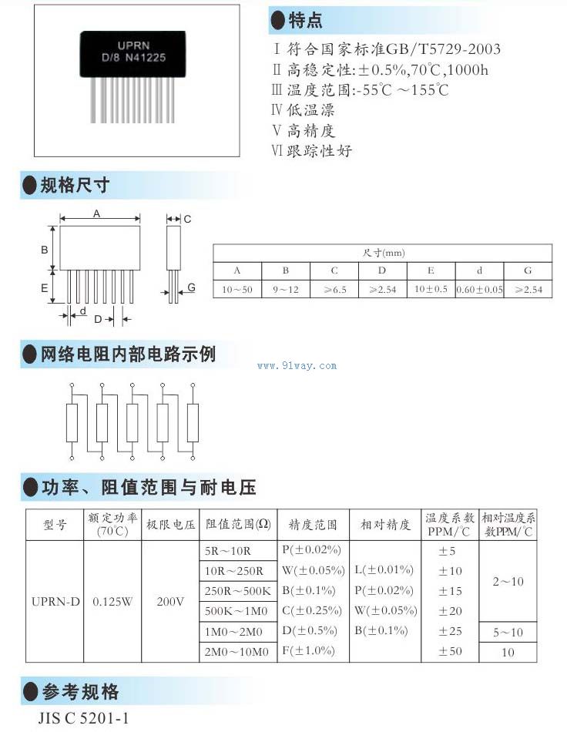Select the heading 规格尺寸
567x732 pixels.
coord(75,185)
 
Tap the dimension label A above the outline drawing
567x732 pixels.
coord(96,214)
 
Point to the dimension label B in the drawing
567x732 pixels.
coord(45,250)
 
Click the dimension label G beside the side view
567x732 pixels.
coord(191,287)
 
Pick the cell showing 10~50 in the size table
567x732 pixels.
coord(237,290)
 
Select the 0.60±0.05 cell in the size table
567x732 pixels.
coord(479,290)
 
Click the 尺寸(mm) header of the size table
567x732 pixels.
coord(383,253)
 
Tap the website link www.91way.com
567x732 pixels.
coord(297,366)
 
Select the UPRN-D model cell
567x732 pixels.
coord(55,601)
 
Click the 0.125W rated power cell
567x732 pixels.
coord(112,601)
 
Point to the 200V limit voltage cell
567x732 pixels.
coord(170,601)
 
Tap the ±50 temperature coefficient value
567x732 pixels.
coord(450,652)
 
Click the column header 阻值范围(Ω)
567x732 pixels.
coord(237,525)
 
